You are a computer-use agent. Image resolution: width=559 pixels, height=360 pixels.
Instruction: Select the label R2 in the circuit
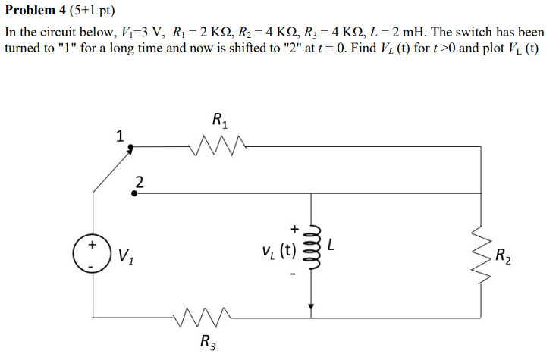502,255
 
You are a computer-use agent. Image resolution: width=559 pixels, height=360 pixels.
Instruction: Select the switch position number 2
139,180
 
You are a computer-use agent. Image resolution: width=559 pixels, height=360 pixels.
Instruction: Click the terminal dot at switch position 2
133,193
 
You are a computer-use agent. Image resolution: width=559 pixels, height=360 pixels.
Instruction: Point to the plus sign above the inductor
295,227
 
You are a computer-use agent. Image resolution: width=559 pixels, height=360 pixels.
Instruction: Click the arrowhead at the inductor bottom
309,307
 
